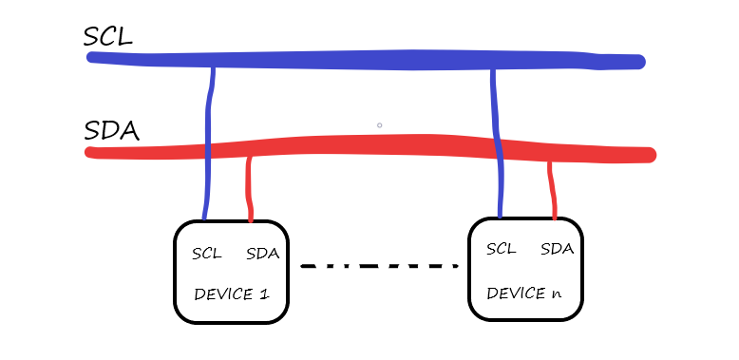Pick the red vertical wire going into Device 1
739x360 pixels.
250,190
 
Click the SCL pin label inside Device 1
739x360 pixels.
206,254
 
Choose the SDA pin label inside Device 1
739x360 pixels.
262,254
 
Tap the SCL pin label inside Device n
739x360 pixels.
501,249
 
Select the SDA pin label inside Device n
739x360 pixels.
557,249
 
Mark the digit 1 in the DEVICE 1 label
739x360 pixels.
263,294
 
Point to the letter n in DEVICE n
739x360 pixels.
556,293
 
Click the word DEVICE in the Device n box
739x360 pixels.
515,293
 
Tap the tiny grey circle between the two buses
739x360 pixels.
379,124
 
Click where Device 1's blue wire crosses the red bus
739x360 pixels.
208,151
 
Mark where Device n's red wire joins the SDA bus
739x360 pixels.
550,161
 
